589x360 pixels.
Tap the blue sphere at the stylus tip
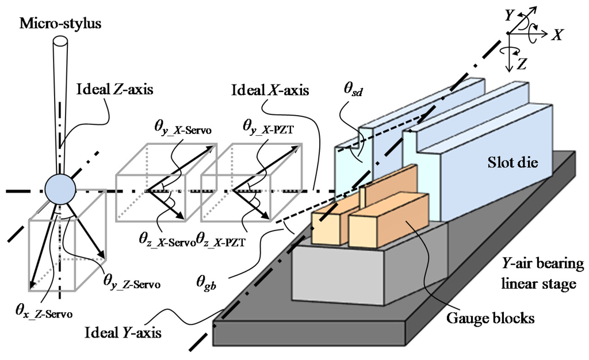click(x=60, y=189)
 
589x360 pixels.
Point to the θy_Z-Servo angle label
click(x=132, y=281)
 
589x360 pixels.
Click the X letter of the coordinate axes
click(x=556, y=35)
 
